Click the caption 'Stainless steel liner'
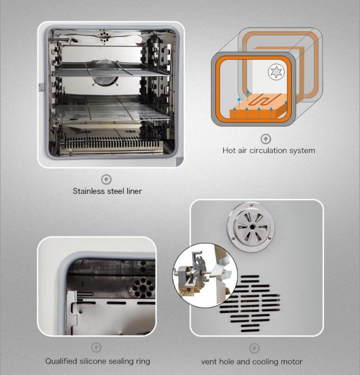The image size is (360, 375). pos(107,191)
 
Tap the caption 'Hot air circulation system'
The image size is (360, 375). pos(268,151)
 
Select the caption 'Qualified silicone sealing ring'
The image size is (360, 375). pos(97,361)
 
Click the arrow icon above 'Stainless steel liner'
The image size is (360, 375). pos(106,179)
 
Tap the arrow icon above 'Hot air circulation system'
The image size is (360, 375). pos(266,139)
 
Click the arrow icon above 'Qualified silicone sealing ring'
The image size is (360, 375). pos(96,347)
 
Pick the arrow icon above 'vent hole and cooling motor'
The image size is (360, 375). pos(255,348)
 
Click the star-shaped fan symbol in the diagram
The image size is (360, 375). pos(275,71)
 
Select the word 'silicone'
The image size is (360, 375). pos(98,361)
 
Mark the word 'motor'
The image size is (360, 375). pos(291,362)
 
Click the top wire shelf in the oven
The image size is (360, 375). pos(111,69)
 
